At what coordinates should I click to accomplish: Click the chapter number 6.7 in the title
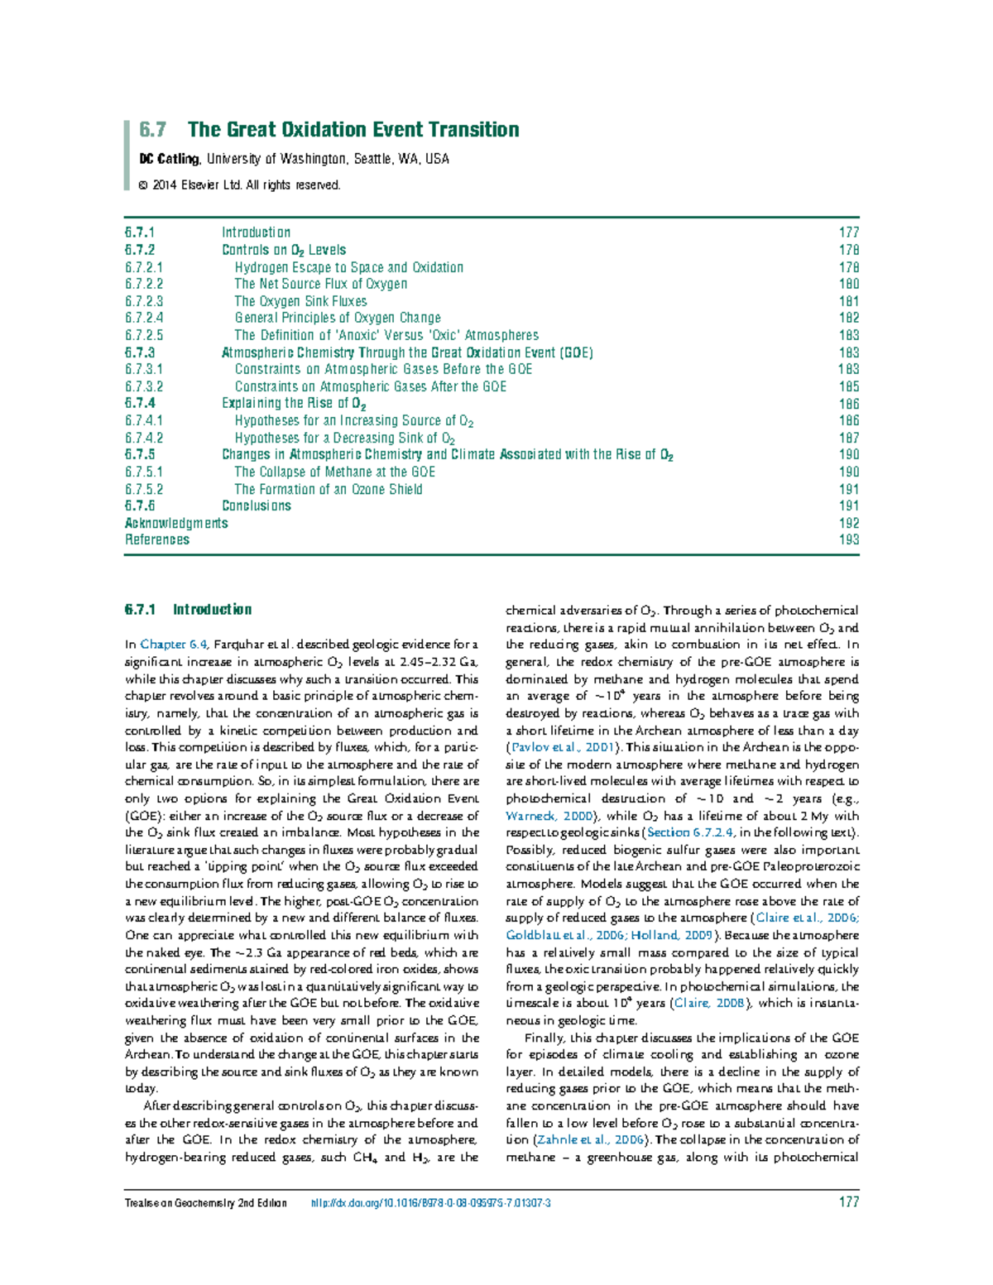point(152,130)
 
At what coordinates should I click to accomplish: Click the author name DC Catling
point(169,159)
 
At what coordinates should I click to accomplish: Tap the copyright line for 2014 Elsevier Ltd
point(240,185)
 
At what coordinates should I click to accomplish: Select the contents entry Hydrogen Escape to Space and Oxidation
point(348,267)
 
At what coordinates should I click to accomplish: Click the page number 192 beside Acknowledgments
point(848,523)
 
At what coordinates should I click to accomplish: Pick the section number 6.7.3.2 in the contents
point(144,386)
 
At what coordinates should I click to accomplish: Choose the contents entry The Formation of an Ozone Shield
point(328,489)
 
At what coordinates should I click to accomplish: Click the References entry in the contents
point(157,539)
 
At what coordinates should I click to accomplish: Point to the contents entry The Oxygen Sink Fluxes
point(300,301)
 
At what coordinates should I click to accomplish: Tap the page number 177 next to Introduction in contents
point(848,233)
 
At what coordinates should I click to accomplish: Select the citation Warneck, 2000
point(549,816)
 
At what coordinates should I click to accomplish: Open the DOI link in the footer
point(430,1203)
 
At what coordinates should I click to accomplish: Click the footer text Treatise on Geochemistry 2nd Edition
point(205,1203)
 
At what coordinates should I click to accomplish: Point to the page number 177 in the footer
point(848,1202)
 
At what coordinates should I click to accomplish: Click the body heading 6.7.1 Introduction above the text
point(188,610)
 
